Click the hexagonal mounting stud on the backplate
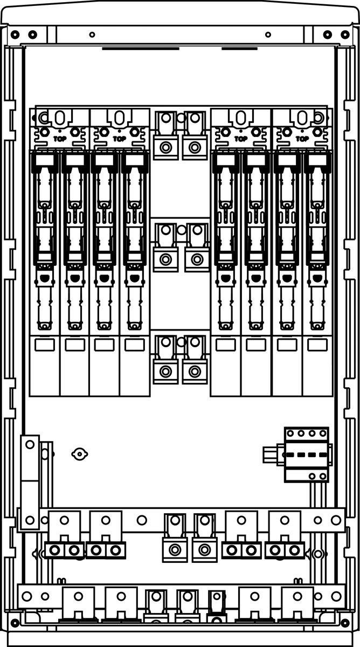pos(79,454)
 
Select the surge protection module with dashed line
pos(306,455)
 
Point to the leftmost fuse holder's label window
pos(44,345)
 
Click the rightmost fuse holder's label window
pos(317,345)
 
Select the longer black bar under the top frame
pos(140,48)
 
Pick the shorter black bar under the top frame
pos(239,48)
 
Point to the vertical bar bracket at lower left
pos(30,483)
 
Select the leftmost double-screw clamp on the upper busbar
pos(64,550)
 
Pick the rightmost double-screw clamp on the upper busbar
pos(285,550)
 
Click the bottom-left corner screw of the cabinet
pos(15,623)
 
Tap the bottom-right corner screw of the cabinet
pos(345,623)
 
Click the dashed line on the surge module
pos(306,455)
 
